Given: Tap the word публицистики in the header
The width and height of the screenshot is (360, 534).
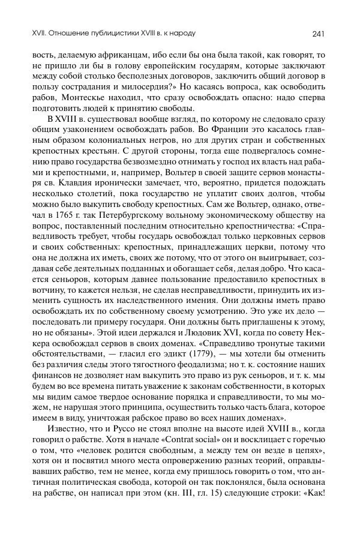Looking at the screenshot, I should (104, 32).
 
